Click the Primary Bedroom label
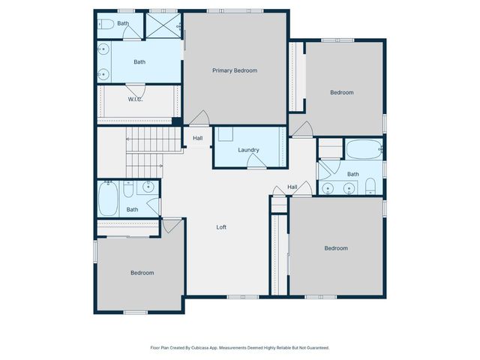pyautogui.click(x=235, y=70)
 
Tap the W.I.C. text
pyautogui.click(x=135, y=99)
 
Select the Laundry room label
pyautogui.click(x=248, y=150)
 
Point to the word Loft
pyautogui.click(x=221, y=227)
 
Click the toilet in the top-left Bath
pyautogui.click(x=106, y=24)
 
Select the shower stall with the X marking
pyautogui.click(x=163, y=24)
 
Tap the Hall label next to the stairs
pyautogui.click(x=198, y=138)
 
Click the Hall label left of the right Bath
pyautogui.click(x=292, y=187)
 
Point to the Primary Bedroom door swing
pyautogui.click(x=199, y=118)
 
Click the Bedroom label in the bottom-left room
pyautogui.click(x=142, y=273)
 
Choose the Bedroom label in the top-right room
pyautogui.click(x=341, y=92)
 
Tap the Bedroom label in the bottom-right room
pyautogui.click(x=335, y=248)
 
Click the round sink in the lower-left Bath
pyautogui.click(x=148, y=187)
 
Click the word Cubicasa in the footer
pyautogui.click(x=202, y=348)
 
